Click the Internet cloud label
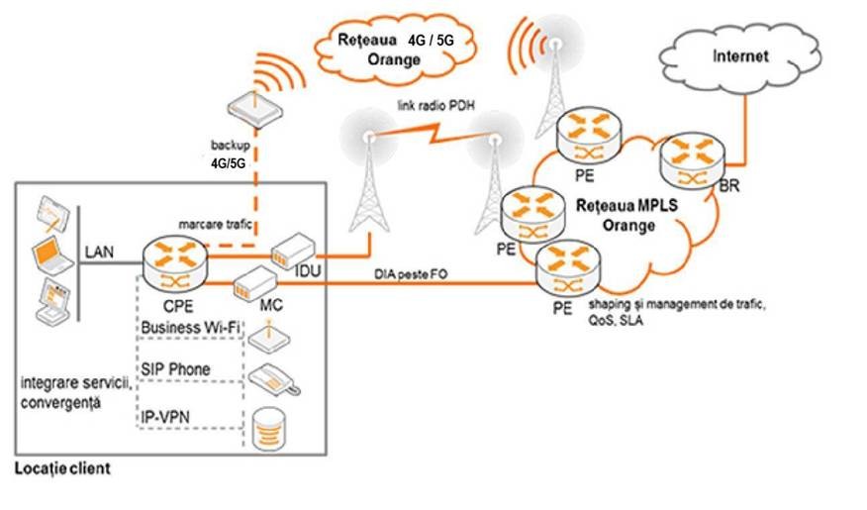tap(740, 56)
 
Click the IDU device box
tap(294, 252)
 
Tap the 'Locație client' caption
tap(61, 467)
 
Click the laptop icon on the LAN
tap(53, 255)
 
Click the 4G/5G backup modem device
tap(248, 109)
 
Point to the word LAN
tap(100, 253)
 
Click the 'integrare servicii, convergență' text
tap(69, 391)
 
